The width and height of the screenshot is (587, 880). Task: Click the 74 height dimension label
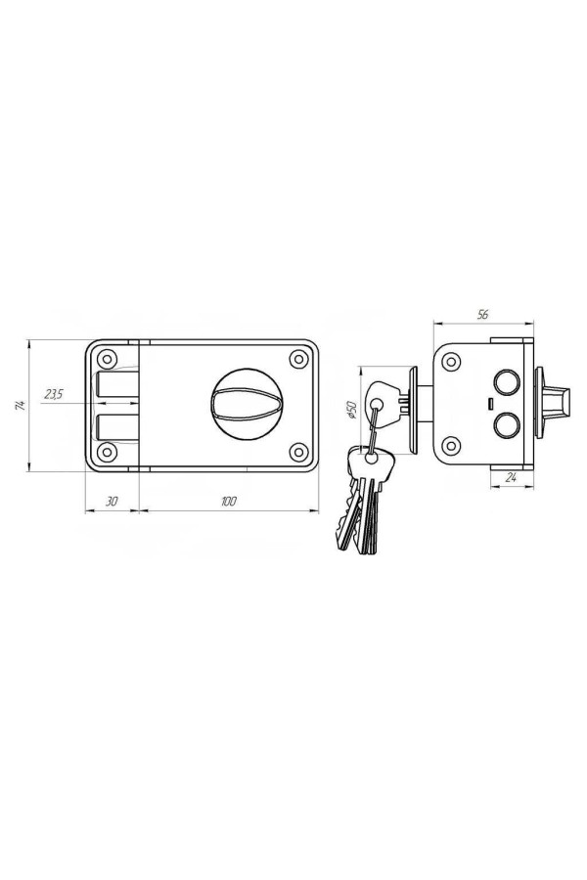point(20,406)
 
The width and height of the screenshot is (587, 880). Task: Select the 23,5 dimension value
point(55,395)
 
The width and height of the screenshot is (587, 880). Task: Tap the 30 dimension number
point(112,502)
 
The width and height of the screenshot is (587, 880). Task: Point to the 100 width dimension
point(228,502)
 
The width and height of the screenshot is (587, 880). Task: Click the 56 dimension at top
point(482,314)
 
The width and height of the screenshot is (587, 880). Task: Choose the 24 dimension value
point(511,478)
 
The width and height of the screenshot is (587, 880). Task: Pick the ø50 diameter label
point(352,411)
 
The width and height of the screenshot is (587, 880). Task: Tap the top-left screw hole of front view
point(107,358)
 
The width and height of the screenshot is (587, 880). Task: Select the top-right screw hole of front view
point(298,358)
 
